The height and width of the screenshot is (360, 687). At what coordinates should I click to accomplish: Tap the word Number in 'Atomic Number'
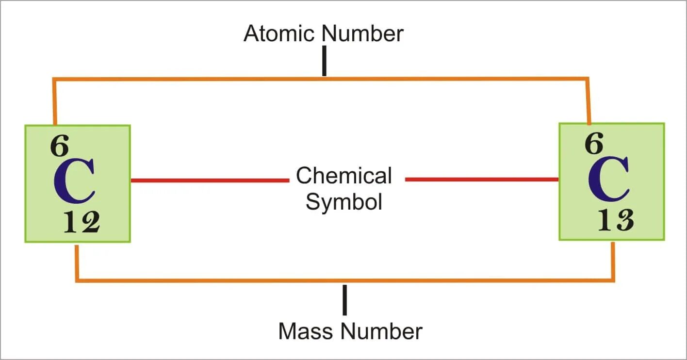click(x=363, y=34)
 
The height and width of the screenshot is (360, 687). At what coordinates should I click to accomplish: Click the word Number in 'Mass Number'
click(x=381, y=331)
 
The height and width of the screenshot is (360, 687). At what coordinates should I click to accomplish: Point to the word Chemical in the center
click(x=344, y=176)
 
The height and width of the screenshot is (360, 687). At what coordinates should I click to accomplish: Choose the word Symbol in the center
click(x=344, y=201)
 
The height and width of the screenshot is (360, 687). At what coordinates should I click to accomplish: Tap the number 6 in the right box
click(x=594, y=144)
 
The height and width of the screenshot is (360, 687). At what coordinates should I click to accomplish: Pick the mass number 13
click(x=615, y=221)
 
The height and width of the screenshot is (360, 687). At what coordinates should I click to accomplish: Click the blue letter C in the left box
click(x=74, y=181)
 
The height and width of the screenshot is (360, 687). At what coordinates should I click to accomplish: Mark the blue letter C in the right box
click(x=609, y=180)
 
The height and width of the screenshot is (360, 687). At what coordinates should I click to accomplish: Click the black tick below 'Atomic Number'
click(x=324, y=61)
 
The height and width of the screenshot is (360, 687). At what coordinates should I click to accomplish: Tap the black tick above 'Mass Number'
click(x=345, y=300)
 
